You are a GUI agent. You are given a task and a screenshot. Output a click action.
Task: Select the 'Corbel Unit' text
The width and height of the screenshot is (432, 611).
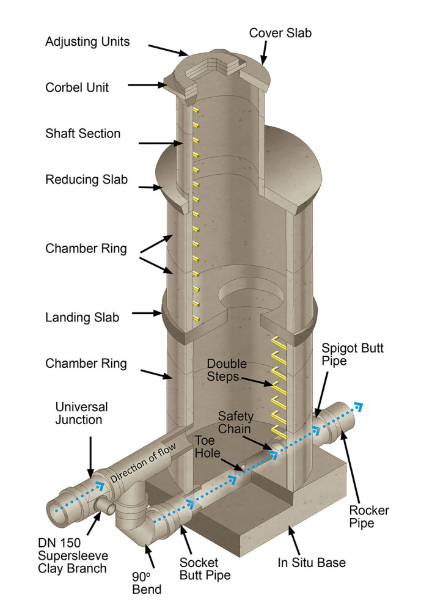click(x=77, y=87)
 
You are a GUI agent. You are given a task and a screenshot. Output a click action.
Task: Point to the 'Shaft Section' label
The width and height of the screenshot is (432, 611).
click(x=82, y=133)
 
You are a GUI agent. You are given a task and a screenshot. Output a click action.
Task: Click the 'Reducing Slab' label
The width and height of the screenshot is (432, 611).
click(x=86, y=180)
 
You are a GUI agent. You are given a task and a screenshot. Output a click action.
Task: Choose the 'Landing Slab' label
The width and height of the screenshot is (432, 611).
click(x=82, y=318)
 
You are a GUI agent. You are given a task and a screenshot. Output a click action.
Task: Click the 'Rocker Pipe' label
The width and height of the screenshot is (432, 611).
click(x=368, y=516)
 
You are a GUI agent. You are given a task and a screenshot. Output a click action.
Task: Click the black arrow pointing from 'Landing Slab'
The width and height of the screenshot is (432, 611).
click(x=146, y=315)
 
